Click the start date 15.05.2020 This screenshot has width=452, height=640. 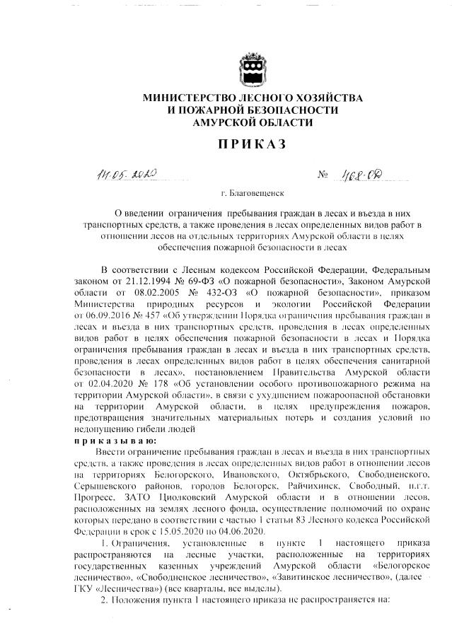click(178, 531)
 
